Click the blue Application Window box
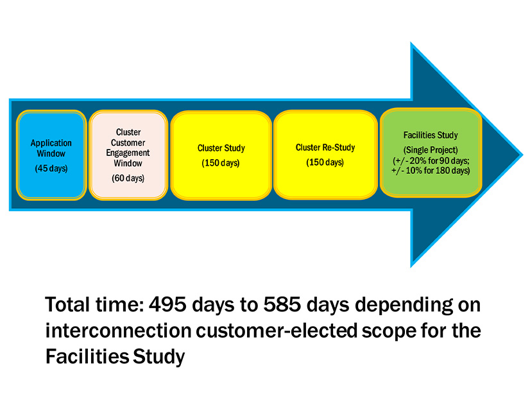coord(51,155)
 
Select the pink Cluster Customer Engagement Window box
coord(128,155)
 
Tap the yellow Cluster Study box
coord(221,155)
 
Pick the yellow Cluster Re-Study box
coord(325,155)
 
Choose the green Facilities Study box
coord(431,153)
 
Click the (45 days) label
coord(51,168)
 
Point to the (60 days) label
coord(128,178)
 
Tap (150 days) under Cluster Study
coord(221,163)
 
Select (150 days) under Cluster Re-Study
coord(325,162)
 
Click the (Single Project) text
coord(431,150)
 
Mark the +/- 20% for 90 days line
coord(431,160)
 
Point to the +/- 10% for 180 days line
coord(431,170)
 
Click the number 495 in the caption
coord(167,304)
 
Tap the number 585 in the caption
coord(282,304)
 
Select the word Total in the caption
coord(67,304)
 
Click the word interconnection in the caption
coord(118,331)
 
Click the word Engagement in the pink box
coord(128,153)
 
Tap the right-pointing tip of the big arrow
coord(522,155)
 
